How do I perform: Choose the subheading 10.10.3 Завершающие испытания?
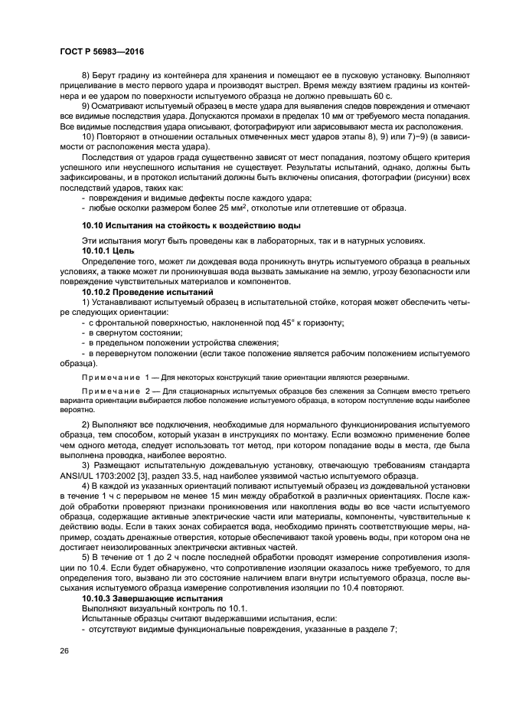[152, 596]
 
